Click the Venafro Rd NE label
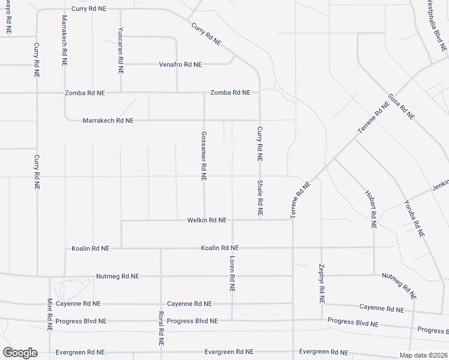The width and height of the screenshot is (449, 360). pyautogui.click(x=180, y=64)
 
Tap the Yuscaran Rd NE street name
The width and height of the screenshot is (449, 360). pyautogui.click(x=121, y=50)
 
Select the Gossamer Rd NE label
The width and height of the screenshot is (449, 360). pyautogui.click(x=204, y=156)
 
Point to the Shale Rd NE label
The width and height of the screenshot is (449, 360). pyautogui.click(x=260, y=197)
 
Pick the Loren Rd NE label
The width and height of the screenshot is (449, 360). pyautogui.click(x=232, y=273)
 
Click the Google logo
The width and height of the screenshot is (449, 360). pyautogui.click(x=20, y=353)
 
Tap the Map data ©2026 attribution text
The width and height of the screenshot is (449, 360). pyautogui.click(x=423, y=355)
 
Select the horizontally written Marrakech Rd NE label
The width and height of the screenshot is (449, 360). pyautogui.click(x=108, y=121)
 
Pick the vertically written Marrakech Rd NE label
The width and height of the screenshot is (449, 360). pyautogui.click(x=65, y=40)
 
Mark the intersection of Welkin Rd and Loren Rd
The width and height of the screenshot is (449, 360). pyautogui.click(x=232, y=220)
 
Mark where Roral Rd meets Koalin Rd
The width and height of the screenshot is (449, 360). pyautogui.click(x=161, y=248)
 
